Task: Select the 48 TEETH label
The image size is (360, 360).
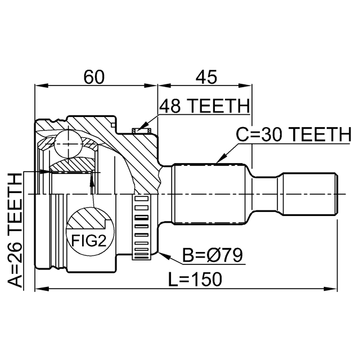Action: [204, 106]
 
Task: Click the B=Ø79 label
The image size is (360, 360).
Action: [212, 256]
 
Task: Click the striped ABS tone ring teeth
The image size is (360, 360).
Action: [142, 227]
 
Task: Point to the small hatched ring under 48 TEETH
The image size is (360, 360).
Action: [142, 131]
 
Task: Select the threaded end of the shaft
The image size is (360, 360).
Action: [310, 194]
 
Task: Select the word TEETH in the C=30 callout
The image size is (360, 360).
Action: [319, 134]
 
